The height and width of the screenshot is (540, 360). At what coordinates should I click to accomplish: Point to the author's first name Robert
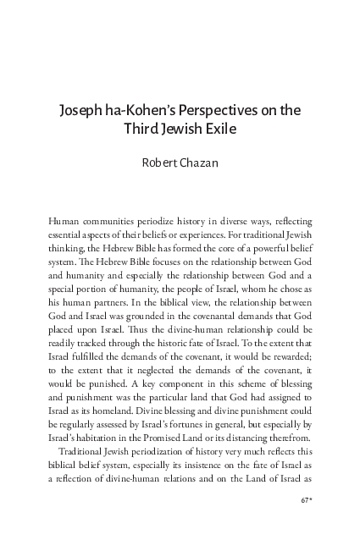click(158, 163)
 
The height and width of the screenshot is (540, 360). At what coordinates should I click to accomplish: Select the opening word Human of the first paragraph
click(65, 220)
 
